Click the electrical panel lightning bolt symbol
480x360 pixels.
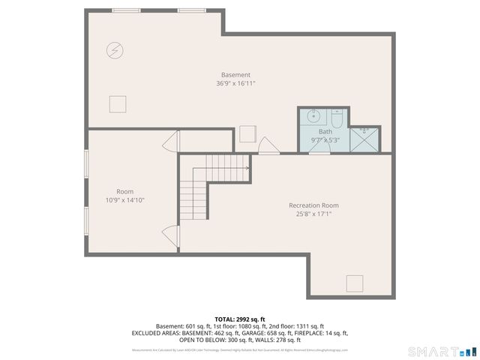pos(115,50)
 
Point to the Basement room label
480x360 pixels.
pos(235,74)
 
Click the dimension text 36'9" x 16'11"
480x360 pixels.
pos(235,83)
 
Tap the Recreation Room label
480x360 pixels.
pos(313,205)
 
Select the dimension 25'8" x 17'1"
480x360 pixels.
pos(313,214)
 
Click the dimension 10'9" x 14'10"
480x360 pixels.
pos(124,200)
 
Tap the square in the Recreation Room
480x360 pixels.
pos(354,283)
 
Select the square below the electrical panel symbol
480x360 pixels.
pos(118,104)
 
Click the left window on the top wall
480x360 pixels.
pos(126,10)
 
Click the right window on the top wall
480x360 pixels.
pos(192,10)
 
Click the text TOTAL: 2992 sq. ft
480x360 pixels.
pos(240,319)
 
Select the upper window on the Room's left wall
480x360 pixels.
pos(86,165)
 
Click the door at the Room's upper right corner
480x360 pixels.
pos(172,141)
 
